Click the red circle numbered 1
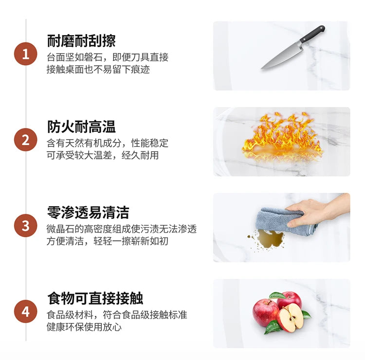point(26,54)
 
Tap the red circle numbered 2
point(26,140)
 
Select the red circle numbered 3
point(26,226)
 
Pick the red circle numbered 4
point(26,312)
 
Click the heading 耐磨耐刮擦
point(81,41)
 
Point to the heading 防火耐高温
point(81,127)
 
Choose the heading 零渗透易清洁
point(88,213)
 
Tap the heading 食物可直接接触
point(95,299)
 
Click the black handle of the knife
point(312,34)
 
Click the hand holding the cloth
point(317,211)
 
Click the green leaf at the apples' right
point(306,314)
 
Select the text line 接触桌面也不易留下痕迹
point(98,70)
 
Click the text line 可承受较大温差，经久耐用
point(103,155)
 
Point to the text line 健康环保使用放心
point(84,327)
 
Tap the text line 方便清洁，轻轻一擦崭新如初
point(108,241)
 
